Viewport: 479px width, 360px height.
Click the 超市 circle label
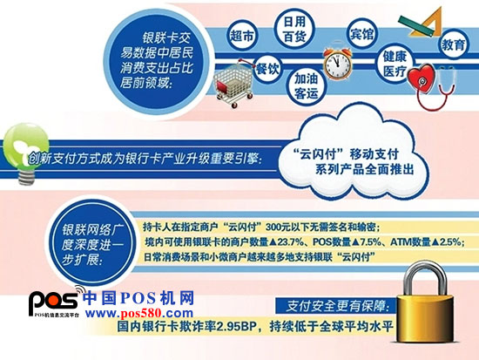pos(242,36)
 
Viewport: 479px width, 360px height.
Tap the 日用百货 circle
pos(294,30)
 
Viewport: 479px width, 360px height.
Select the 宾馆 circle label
pos(361,34)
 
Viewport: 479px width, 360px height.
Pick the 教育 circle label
pos(453,45)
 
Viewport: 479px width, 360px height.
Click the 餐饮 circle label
pos(267,69)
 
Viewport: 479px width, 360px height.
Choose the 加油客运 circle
pos(307,86)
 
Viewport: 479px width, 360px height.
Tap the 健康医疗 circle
pos(395,65)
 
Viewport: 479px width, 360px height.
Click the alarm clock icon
pos(338,61)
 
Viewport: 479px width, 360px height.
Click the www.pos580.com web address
pos(139,313)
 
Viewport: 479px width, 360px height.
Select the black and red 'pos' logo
pos(53,301)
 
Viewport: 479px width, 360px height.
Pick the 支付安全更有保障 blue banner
pos(335,306)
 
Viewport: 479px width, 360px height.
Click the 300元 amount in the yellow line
pos(278,228)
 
